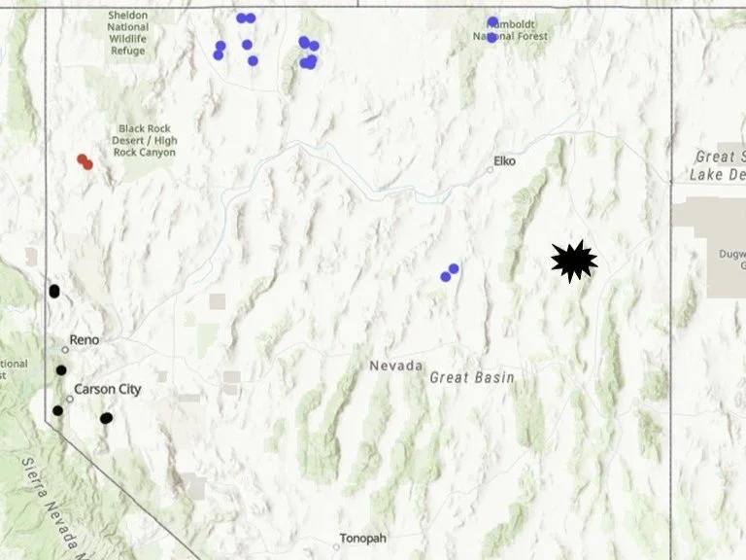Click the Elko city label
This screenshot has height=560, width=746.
pyautogui.click(x=505, y=160)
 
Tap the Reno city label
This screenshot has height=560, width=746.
pyautogui.click(x=85, y=339)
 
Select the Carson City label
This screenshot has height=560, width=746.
pyautogui.click(x=108, y=389)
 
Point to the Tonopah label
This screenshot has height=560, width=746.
pyautogui.click(x=362, y=538)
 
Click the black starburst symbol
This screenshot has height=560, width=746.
pyautogui.click(x=573, y=261)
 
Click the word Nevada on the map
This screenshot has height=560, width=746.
pyautogui.click(x=395, y=366)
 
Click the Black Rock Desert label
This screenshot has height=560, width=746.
pyautogui.click(x=148, y=140)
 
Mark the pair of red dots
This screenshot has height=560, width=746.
pyautogui.click(x=85, y=161)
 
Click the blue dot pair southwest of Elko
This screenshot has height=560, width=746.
pyautogui.click(x=449, y=272)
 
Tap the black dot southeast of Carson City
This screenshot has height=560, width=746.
pyautogui.click(x=106, y=418)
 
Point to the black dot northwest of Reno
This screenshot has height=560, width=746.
pyautogui.click(x=54, y=291)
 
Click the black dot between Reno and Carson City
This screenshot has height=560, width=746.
pyautogui.click(x=61, y=369)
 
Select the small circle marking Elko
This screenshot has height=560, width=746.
pyautogui.click(x=491, y=169)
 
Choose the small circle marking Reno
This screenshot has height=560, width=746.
pyautogui.click(x=65, y=348)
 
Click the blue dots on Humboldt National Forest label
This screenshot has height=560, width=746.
pyautogui.click(x=492, y=29)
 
